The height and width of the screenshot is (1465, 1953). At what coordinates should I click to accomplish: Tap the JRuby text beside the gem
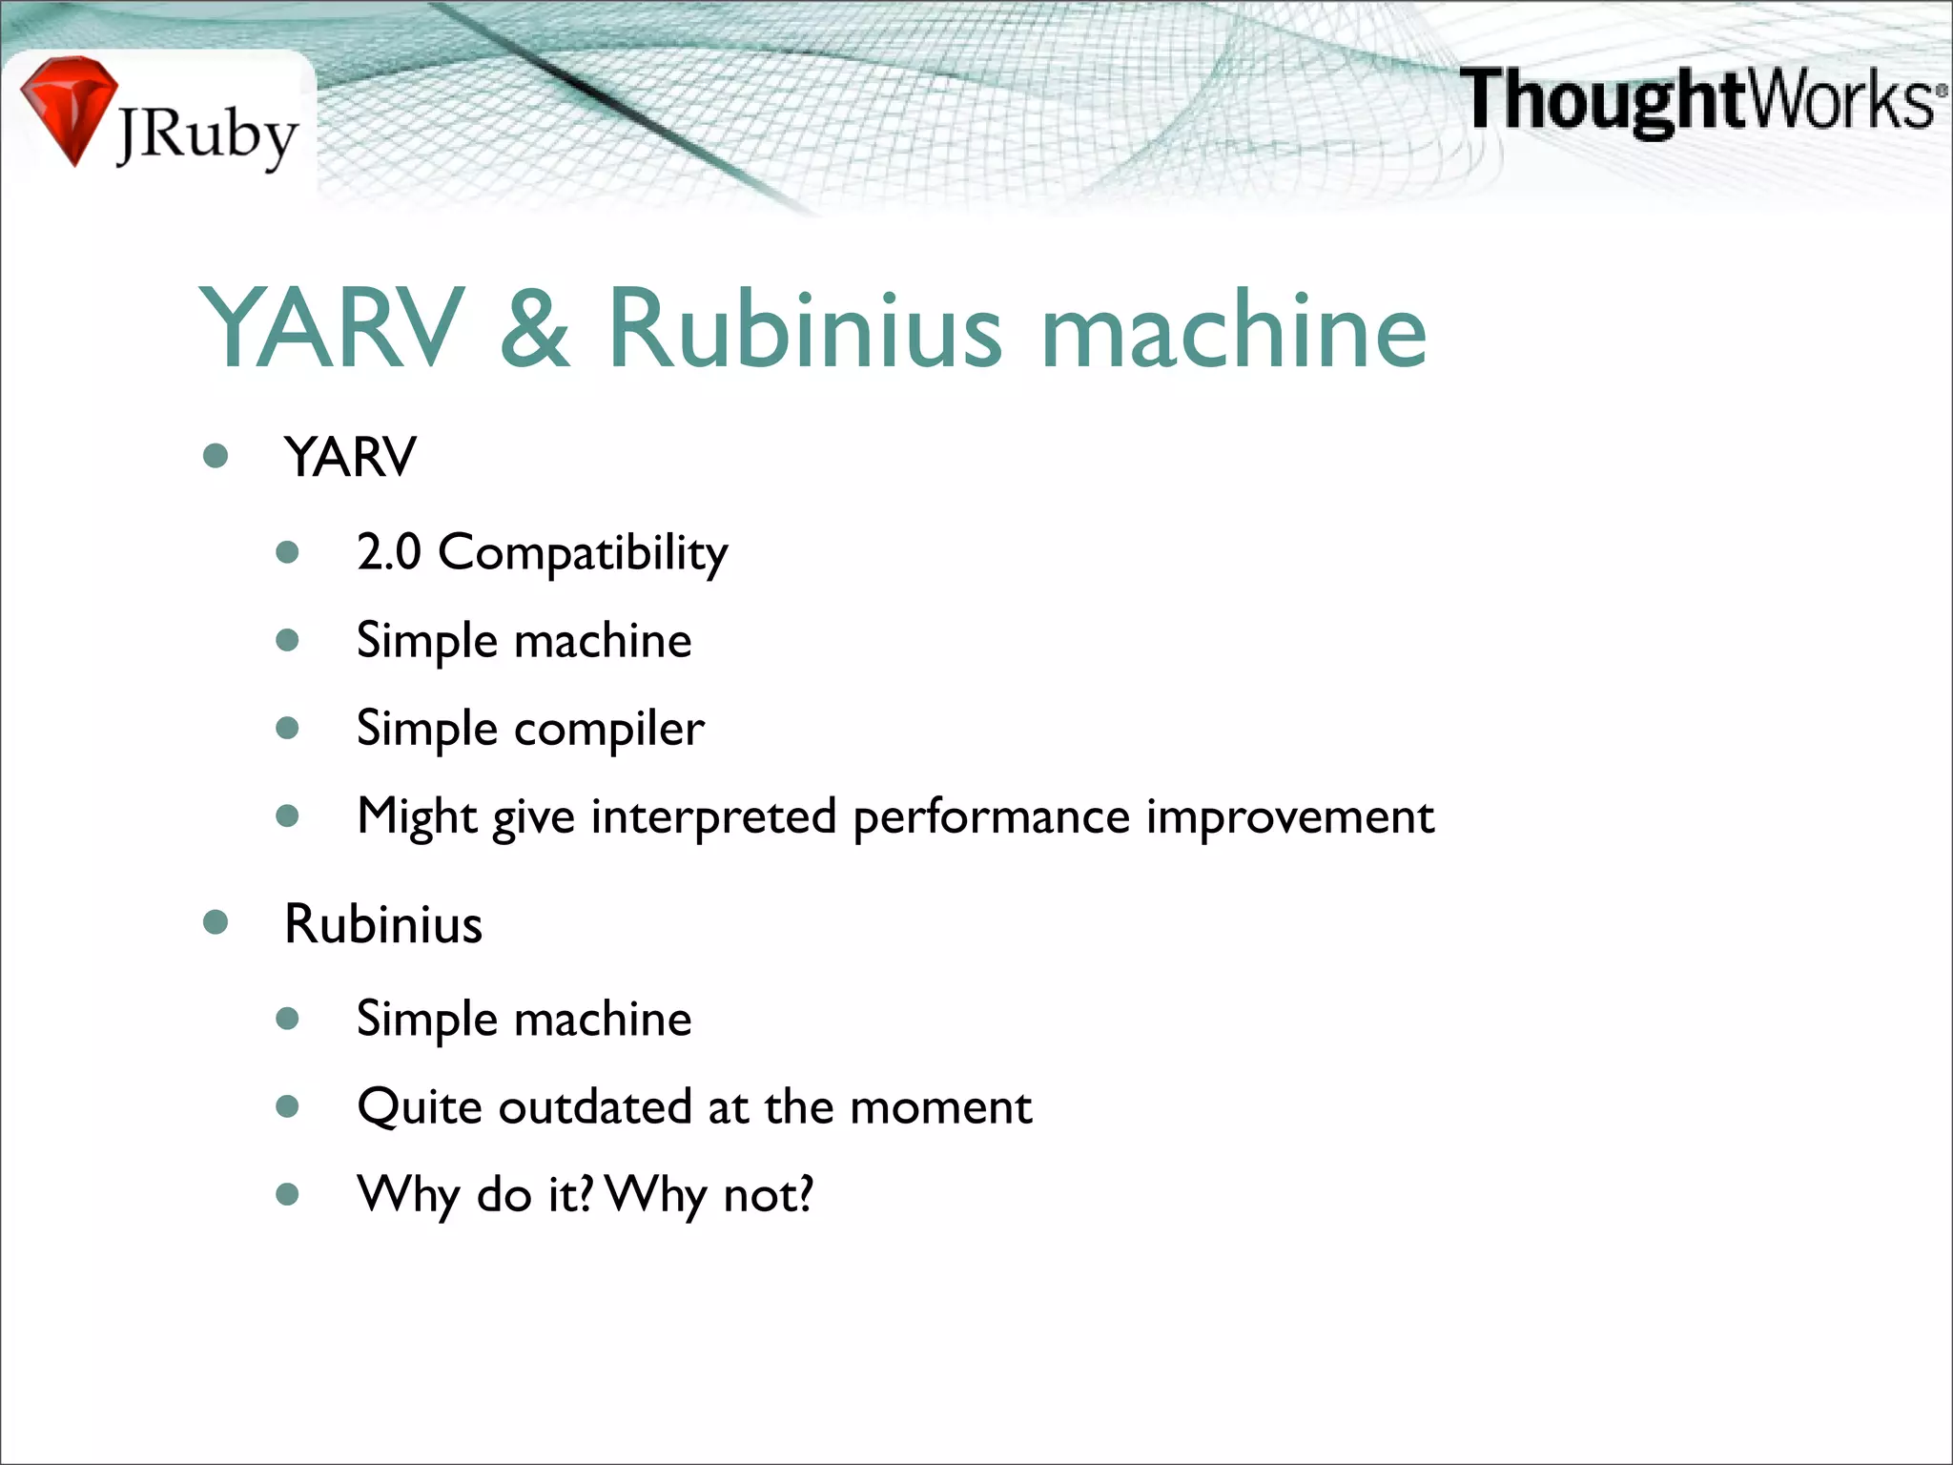207,136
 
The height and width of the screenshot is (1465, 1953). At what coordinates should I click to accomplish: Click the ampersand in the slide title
535,328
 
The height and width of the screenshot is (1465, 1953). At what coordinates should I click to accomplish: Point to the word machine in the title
1234,328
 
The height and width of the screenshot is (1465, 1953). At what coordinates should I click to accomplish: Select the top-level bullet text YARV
350,457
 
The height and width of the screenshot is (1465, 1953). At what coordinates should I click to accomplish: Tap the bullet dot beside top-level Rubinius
216,922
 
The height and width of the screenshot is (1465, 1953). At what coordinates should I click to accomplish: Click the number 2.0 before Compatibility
389,551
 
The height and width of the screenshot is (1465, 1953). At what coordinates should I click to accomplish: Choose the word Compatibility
583,553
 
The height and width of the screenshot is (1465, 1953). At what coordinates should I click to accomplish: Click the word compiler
609,730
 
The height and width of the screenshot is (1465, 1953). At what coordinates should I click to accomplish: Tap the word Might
417,817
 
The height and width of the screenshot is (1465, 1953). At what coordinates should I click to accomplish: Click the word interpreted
713,817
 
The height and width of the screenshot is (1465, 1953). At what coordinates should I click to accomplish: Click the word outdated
594,1107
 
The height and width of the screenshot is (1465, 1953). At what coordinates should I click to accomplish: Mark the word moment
940,1108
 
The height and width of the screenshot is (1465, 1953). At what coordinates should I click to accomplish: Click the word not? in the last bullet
769,1194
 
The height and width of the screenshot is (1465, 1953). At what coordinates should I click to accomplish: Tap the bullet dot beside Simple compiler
287,729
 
